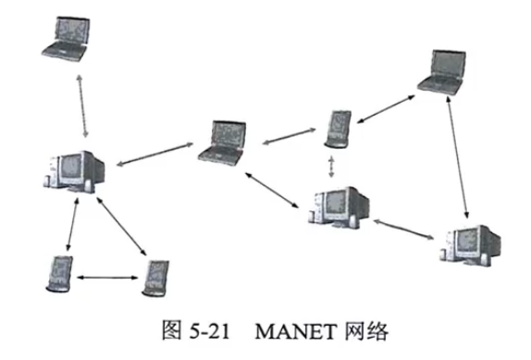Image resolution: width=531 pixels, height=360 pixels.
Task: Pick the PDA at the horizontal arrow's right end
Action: [x=154, y=277]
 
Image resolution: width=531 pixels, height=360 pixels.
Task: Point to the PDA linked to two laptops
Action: [x=338, y=129]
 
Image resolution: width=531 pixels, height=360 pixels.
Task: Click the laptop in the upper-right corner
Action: [x=441, y=71]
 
